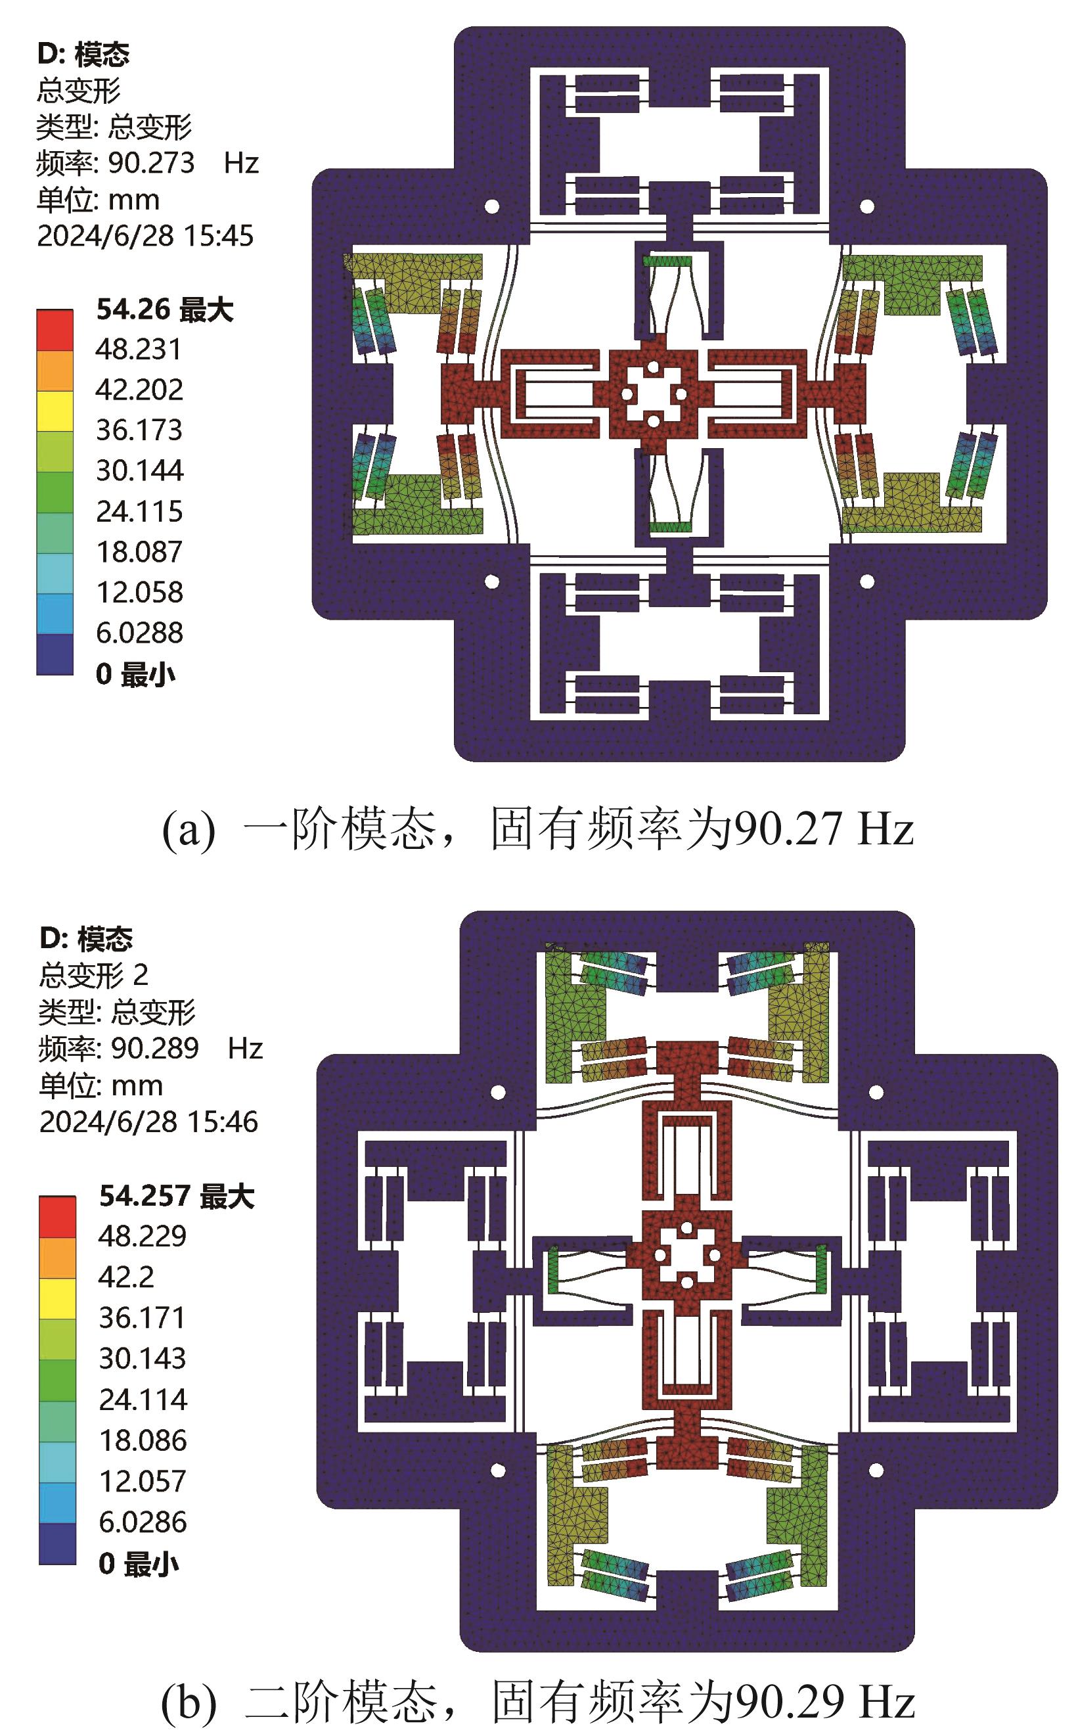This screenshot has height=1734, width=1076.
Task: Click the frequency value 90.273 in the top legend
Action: (151, 163)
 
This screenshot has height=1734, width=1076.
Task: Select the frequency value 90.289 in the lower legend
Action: (154, 1049)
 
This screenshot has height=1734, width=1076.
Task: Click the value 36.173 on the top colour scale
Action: (139, 430)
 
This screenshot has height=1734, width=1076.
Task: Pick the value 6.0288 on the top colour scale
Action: (139, 632)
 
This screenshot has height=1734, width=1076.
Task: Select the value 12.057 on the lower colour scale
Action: (143, 1481)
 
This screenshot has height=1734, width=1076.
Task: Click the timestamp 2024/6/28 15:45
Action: (145, 236)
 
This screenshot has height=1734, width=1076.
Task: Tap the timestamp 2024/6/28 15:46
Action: (148, 1122)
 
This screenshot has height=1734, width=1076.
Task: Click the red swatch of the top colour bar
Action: (55, 330)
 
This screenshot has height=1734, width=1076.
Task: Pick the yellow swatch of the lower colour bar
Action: (57, 1298)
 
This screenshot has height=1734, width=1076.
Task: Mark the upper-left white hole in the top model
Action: (491, 207)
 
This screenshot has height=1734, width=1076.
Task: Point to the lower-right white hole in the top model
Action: (867, 582)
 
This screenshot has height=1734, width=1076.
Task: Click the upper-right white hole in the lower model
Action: (876, 1092)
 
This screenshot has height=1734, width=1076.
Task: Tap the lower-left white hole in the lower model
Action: (498, 1470)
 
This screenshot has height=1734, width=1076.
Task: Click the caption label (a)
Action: (188, 830)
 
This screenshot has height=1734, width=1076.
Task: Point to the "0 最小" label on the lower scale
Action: (138, 1563)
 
